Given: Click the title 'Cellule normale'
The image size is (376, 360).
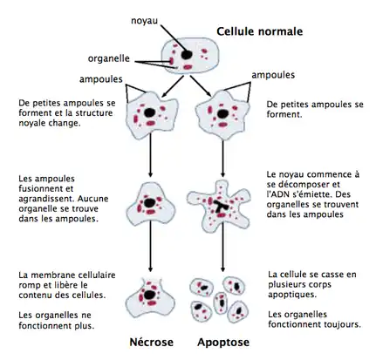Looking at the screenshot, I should tap(259, 31).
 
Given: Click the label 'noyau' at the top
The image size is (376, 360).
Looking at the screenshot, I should tap(145, 19).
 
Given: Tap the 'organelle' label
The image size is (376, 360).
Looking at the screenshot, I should tap(109, 58).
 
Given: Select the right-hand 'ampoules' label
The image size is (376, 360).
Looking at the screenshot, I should tap(273, 75).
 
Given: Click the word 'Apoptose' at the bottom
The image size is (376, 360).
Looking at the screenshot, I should tap(215, 343).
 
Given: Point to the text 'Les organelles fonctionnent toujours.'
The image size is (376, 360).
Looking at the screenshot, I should tap(314, 319).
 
